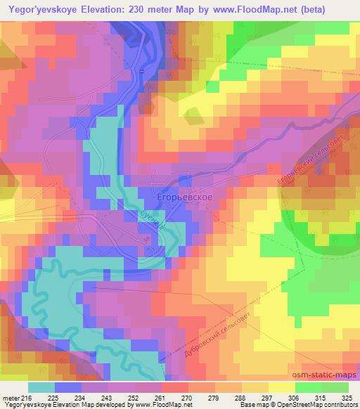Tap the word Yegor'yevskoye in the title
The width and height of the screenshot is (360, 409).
tap(41, 11)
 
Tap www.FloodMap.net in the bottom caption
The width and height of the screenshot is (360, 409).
tap(163, 405)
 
